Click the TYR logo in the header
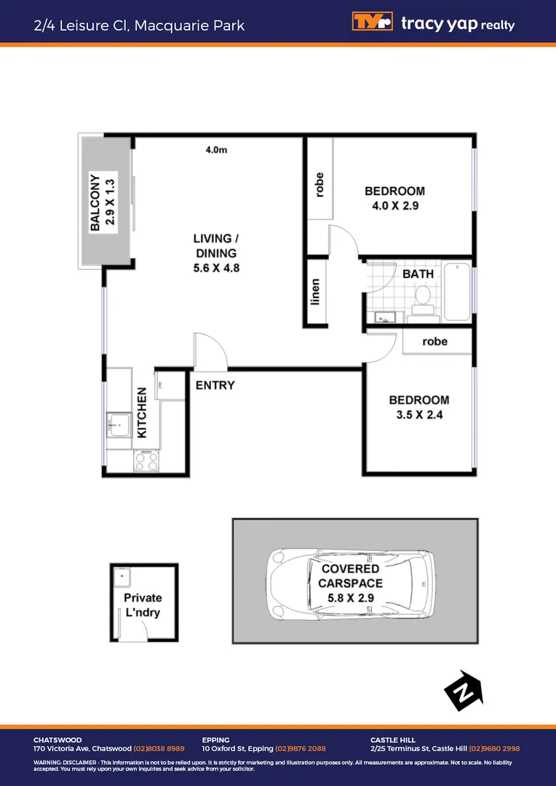coord(372,23)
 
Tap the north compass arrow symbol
coord(464,691)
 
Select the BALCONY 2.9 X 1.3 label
coord(102,202)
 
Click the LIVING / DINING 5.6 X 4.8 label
coord(216,253)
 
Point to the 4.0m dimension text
coord(217,151)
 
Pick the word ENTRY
coord(215,385)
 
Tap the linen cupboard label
coord(316,292)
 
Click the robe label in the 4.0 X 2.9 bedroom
coord(319,184)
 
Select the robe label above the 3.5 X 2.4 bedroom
coord(434,341)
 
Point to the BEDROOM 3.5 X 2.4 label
coord(418,408)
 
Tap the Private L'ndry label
coord(143,605)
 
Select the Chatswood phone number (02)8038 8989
coord(159,748)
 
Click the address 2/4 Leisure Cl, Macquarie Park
coord(139,25)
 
